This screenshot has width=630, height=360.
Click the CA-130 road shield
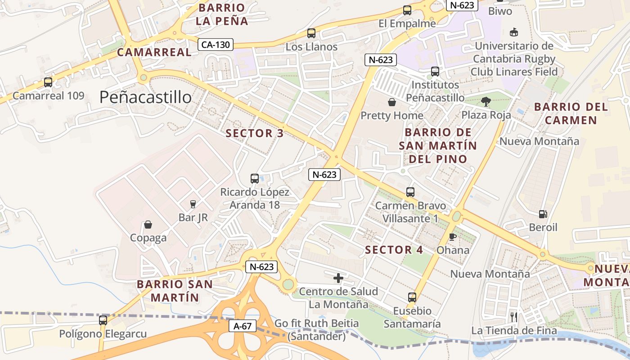216,45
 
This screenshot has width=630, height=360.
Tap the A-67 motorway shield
243,326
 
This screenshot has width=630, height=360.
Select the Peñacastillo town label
145,97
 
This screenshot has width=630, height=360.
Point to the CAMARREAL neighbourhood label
154,52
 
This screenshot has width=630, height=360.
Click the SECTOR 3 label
255,133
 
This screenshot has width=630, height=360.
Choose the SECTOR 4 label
394,250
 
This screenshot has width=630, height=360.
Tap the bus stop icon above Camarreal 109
48,82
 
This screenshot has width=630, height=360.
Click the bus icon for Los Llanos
311,33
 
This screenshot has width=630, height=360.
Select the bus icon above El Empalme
407,10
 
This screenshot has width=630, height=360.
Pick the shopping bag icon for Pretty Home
392,102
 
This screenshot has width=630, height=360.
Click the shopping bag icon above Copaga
148,225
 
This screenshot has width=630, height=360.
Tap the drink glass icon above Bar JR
193,204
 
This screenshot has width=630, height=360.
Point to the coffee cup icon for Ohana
453,237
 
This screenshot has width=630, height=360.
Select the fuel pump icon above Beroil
543,214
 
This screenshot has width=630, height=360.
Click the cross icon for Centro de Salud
338,278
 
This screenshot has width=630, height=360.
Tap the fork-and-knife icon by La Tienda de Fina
514,317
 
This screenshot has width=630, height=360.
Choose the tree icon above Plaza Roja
486,102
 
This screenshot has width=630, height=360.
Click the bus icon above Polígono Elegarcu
103,320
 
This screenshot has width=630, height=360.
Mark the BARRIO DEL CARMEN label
571,114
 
